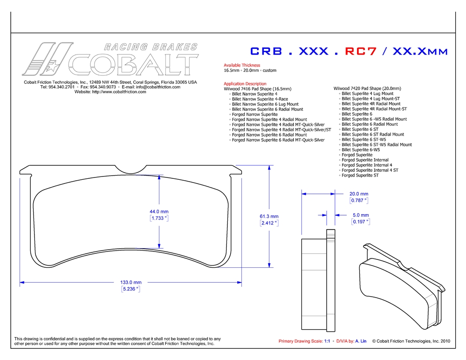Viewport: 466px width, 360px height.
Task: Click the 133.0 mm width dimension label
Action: click(x=131, y=282)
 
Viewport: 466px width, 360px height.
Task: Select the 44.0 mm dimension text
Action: click(x=159, y=211)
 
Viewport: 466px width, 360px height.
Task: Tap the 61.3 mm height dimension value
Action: click(x=269, y=216)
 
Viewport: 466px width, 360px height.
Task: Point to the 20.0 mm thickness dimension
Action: click(x=359, y=194)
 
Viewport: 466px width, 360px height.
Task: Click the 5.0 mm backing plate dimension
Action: click(x=361, y=215)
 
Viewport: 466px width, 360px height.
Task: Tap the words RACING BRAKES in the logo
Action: click(x=151, y=47)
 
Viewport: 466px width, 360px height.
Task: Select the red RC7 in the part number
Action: click(x=361, y=51)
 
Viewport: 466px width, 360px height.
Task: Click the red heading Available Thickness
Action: click(x=242, y=65)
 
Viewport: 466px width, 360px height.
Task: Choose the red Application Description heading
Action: click(x=245, y=83)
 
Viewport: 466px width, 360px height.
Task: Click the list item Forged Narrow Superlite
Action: click(x=255, y=115)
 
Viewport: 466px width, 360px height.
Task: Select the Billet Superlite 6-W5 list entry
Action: click(x=361, y=149)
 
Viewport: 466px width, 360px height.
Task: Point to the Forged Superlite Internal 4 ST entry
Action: click(x=370, y=170)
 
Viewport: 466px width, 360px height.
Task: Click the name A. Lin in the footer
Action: click(x=361, y=341)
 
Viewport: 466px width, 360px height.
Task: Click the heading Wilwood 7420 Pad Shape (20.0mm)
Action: click(x=367, y=88)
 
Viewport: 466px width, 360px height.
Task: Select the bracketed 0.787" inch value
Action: click(x=359, y=201)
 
